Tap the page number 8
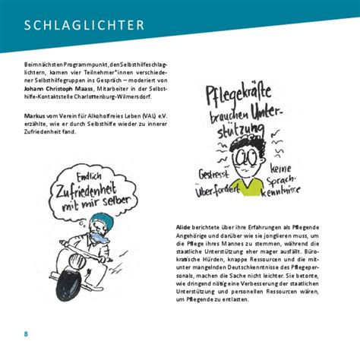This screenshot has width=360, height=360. coord(26,335)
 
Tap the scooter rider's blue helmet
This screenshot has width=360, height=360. coord(103,218)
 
